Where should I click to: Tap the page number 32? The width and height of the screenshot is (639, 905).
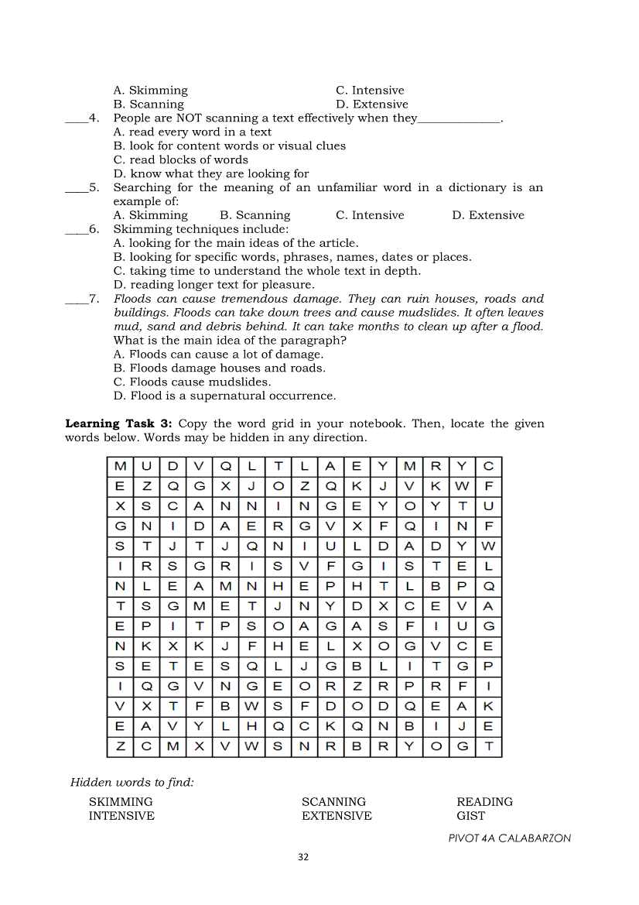point(303,857)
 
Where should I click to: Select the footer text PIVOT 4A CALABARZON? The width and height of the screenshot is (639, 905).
point(509,838)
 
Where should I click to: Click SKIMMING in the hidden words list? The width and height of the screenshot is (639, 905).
point(121,802)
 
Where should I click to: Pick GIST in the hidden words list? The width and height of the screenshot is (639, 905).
point(471,816)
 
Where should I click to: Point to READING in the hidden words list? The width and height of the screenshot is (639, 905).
point(484,802)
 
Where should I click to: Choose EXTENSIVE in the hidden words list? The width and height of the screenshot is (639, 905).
point(337,816)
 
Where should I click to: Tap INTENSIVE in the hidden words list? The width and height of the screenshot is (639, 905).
point(121,816)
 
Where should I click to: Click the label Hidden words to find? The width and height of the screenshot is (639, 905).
point(132,783)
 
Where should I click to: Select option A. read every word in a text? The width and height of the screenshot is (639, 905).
point(192,132)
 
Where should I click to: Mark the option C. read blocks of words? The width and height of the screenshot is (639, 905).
point(180,160)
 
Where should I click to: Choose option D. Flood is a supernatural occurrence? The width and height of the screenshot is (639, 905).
point(224,396)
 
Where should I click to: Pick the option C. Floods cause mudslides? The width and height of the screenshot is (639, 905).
point(192,382)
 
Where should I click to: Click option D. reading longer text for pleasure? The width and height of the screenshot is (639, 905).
point(214,285)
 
